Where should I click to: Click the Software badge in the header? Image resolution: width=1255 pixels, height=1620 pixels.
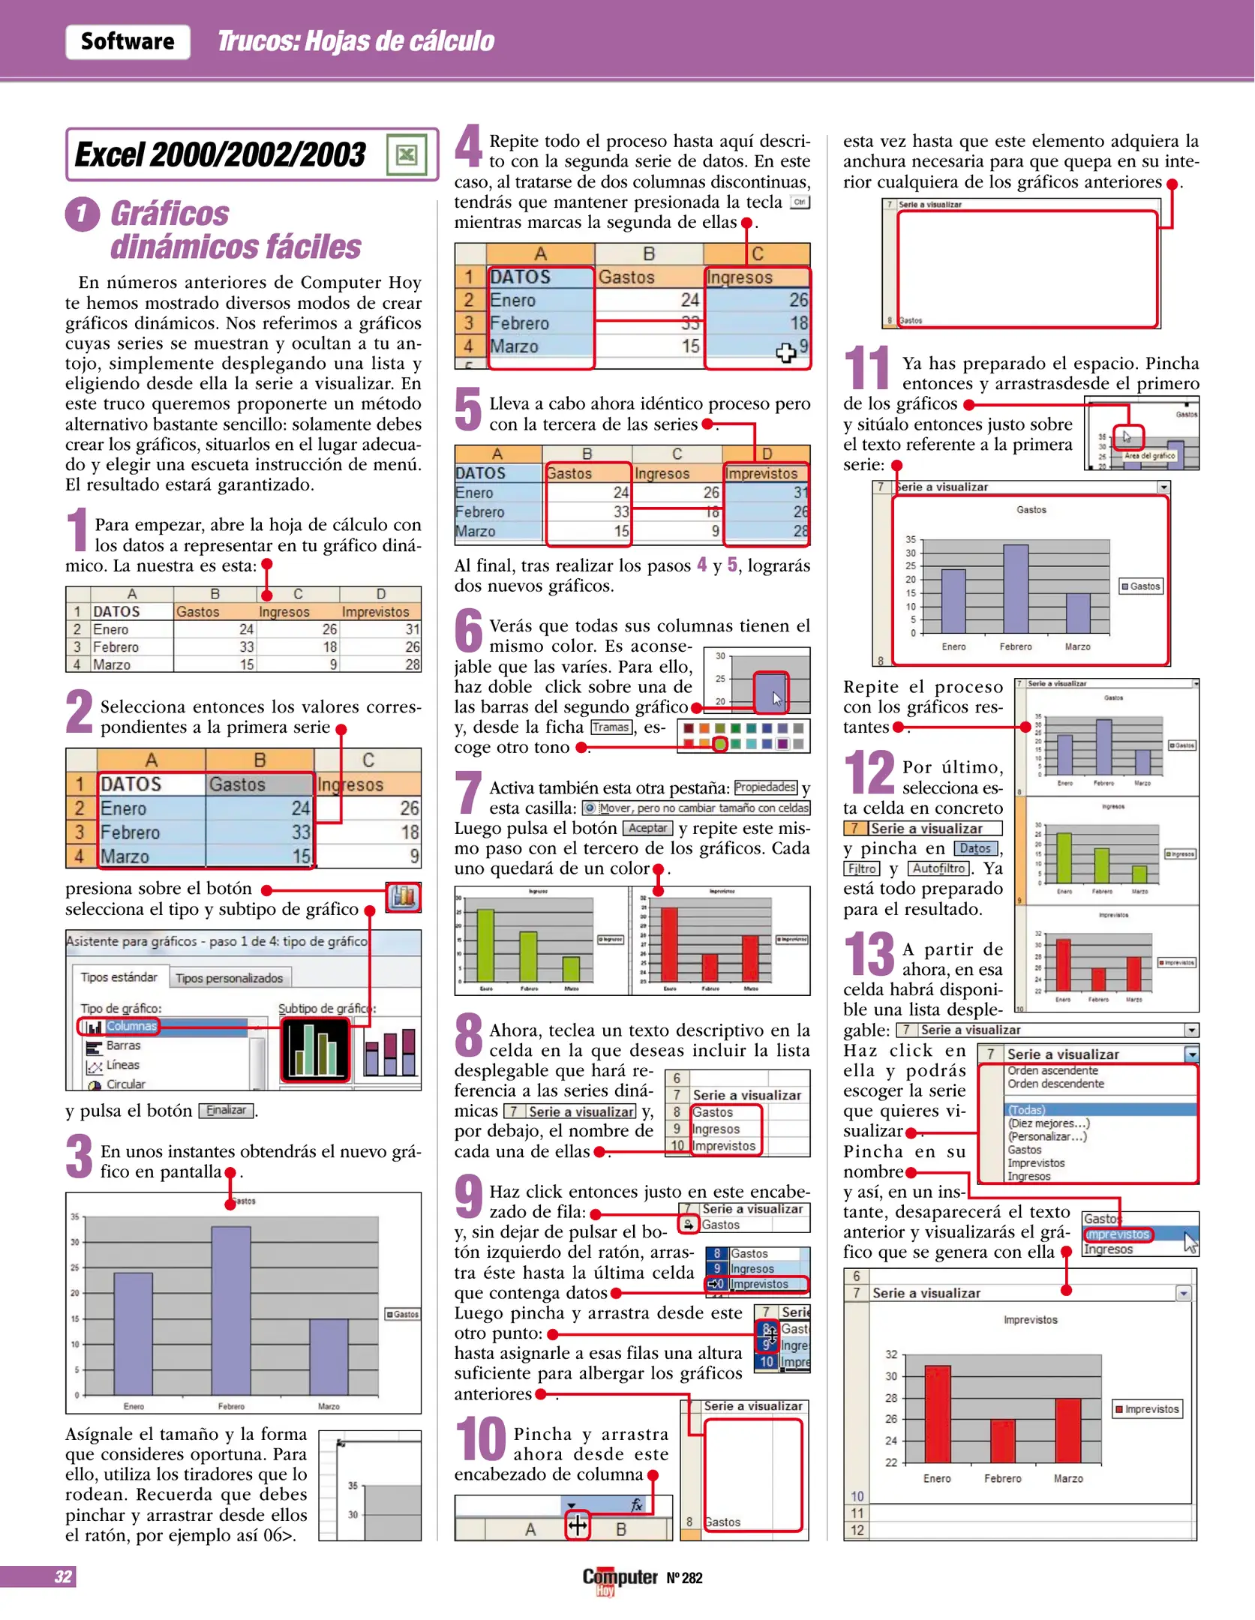(x=128, y=41)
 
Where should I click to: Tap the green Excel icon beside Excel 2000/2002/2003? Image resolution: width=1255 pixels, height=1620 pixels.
(x=407, y=154)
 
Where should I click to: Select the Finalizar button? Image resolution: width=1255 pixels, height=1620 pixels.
(x=226, y=1110)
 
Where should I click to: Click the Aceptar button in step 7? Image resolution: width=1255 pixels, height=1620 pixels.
(x=647, y=828)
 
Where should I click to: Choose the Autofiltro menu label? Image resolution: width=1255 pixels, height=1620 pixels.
(x=939, y=868)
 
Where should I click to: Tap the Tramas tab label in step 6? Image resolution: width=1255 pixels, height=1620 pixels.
(x=611, y=727)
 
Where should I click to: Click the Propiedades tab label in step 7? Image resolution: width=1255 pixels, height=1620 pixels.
(x=765, y=787)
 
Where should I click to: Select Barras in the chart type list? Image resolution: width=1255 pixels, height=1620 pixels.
(x=122, y=1045)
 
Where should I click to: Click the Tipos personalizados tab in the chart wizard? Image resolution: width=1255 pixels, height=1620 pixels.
(x=229, y=978)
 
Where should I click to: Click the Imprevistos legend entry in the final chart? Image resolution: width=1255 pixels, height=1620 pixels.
(x=1146, y=1409)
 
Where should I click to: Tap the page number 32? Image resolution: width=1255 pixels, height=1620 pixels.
(x=63, y=1576)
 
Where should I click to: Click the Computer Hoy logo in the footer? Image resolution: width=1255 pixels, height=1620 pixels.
(x=620, y=1579)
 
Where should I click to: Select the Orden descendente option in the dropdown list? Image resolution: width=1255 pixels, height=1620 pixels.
(x=1055, y=1084)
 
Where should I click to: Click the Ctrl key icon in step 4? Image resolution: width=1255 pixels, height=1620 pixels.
(x=800, y=202)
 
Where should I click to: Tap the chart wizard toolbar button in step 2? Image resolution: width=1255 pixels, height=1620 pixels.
(x=404, y=896)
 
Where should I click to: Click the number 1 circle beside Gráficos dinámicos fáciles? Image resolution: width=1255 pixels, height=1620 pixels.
(x=83, y=214)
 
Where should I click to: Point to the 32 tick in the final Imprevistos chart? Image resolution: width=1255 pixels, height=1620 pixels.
(x=891, y=1354)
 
